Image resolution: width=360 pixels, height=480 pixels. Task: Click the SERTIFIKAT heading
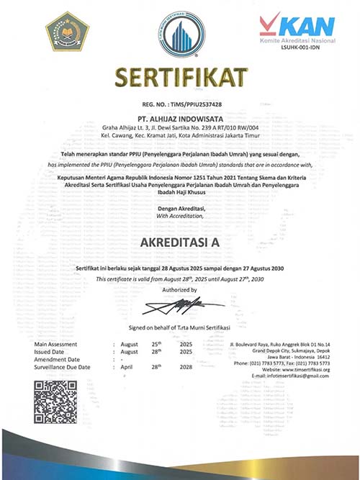[180, 76]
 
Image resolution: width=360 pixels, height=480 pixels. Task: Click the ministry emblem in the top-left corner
[67, 30]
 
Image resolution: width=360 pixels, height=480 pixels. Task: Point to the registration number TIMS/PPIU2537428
[180, 104]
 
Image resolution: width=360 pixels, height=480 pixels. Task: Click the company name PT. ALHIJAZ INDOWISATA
[180, 115]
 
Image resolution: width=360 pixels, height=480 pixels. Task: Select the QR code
[55, 401]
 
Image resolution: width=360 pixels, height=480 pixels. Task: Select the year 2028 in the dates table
[185, 367]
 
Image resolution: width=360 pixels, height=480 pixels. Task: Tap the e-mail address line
[288, 376]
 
